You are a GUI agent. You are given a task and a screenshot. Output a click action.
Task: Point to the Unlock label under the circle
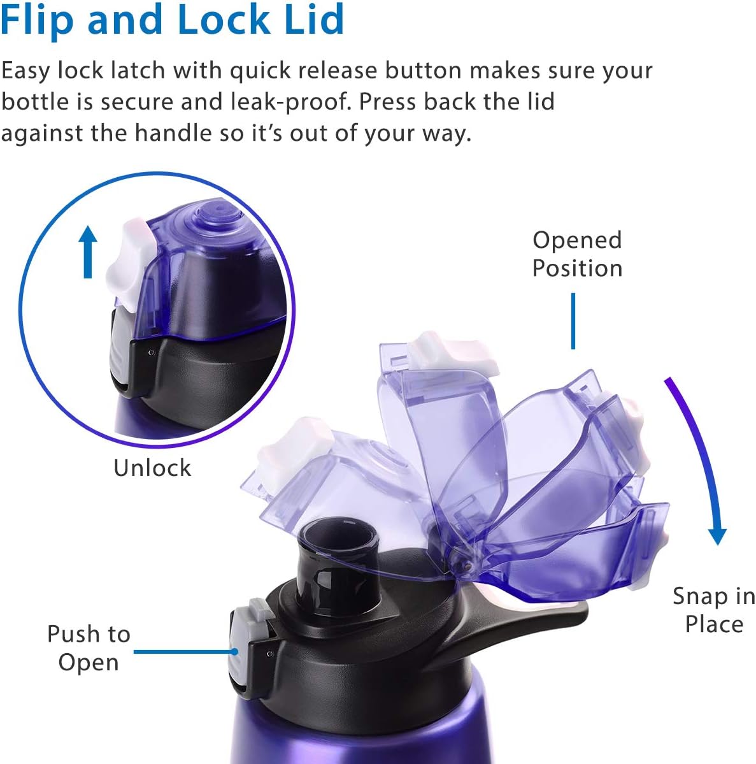coord(152,468)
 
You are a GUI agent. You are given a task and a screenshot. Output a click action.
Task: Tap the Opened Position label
coord(577,254)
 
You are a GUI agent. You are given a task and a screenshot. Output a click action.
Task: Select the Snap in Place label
coord(714,610)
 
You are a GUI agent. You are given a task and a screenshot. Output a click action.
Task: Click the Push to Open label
coord(89,648)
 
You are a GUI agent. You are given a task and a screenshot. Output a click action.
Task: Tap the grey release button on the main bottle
coord(241,647)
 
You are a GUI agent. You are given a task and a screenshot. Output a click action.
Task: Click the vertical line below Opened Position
coord(573,321)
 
